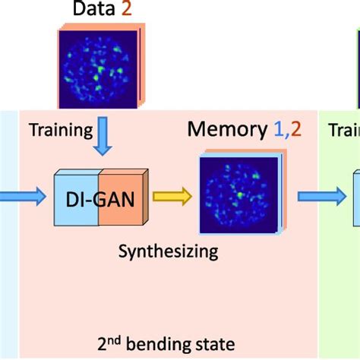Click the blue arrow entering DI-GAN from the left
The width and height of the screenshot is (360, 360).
22,198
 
